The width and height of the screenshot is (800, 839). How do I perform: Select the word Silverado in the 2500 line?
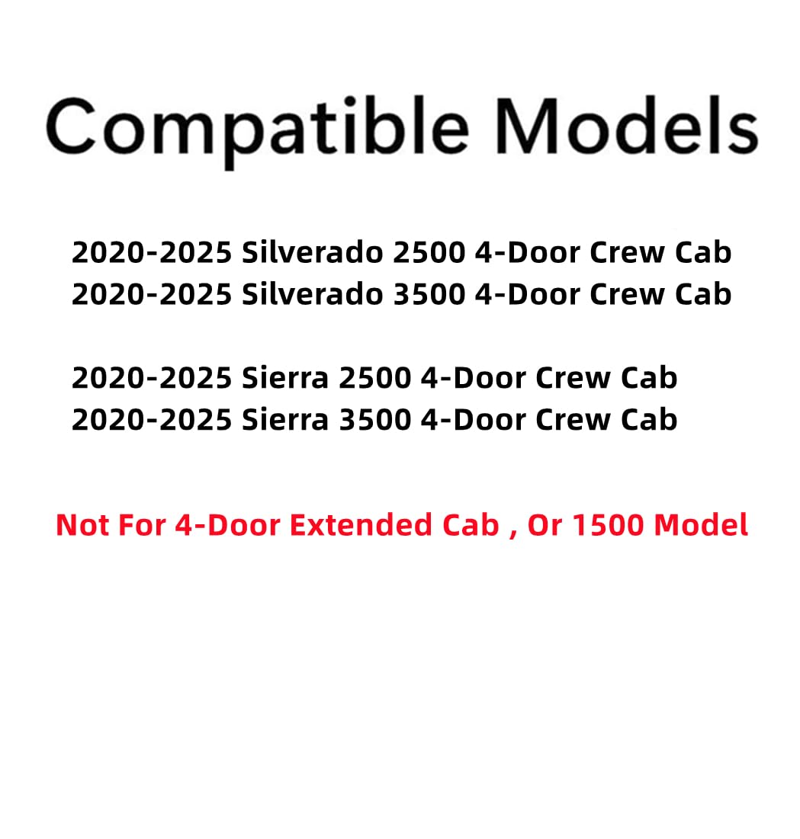click(x=313, y=253)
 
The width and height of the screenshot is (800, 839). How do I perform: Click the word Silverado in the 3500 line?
click(x=313, y=294)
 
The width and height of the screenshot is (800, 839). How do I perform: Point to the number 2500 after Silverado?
click(x=429, y=253)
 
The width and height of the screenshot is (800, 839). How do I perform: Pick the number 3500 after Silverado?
click(x=429, y=294)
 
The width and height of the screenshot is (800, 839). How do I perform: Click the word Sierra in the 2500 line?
click(x=285, y=378)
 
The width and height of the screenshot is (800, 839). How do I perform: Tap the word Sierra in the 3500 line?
click(x=285, y=419)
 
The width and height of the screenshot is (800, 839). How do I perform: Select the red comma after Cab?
click(x=512, y=532)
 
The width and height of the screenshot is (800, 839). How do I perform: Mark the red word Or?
click(x=545, y=525)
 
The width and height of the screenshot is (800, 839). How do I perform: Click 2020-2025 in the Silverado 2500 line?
click(x=152, y=253)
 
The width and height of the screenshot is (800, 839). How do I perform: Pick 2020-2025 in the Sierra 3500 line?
click(x=152, y=419)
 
